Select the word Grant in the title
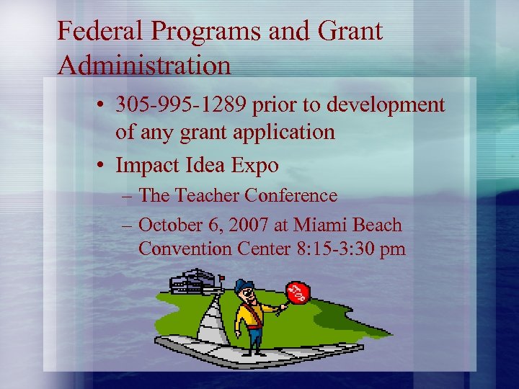pyautogui.click(x=348, y=31)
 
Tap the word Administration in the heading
pyautogui.click(x=144, y=66)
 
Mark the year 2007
pyautogui.click(x=248, y=225)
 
